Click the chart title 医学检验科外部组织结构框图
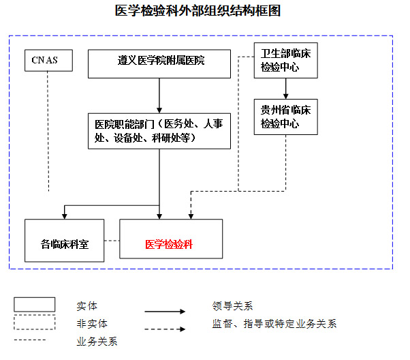click(x=198, y=11)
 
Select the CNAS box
click(x=45, y=61)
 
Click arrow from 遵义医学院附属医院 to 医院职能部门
click(x=159, y=95)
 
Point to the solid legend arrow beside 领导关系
click(x=164, y=312)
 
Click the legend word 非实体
click(x=92, y=323)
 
